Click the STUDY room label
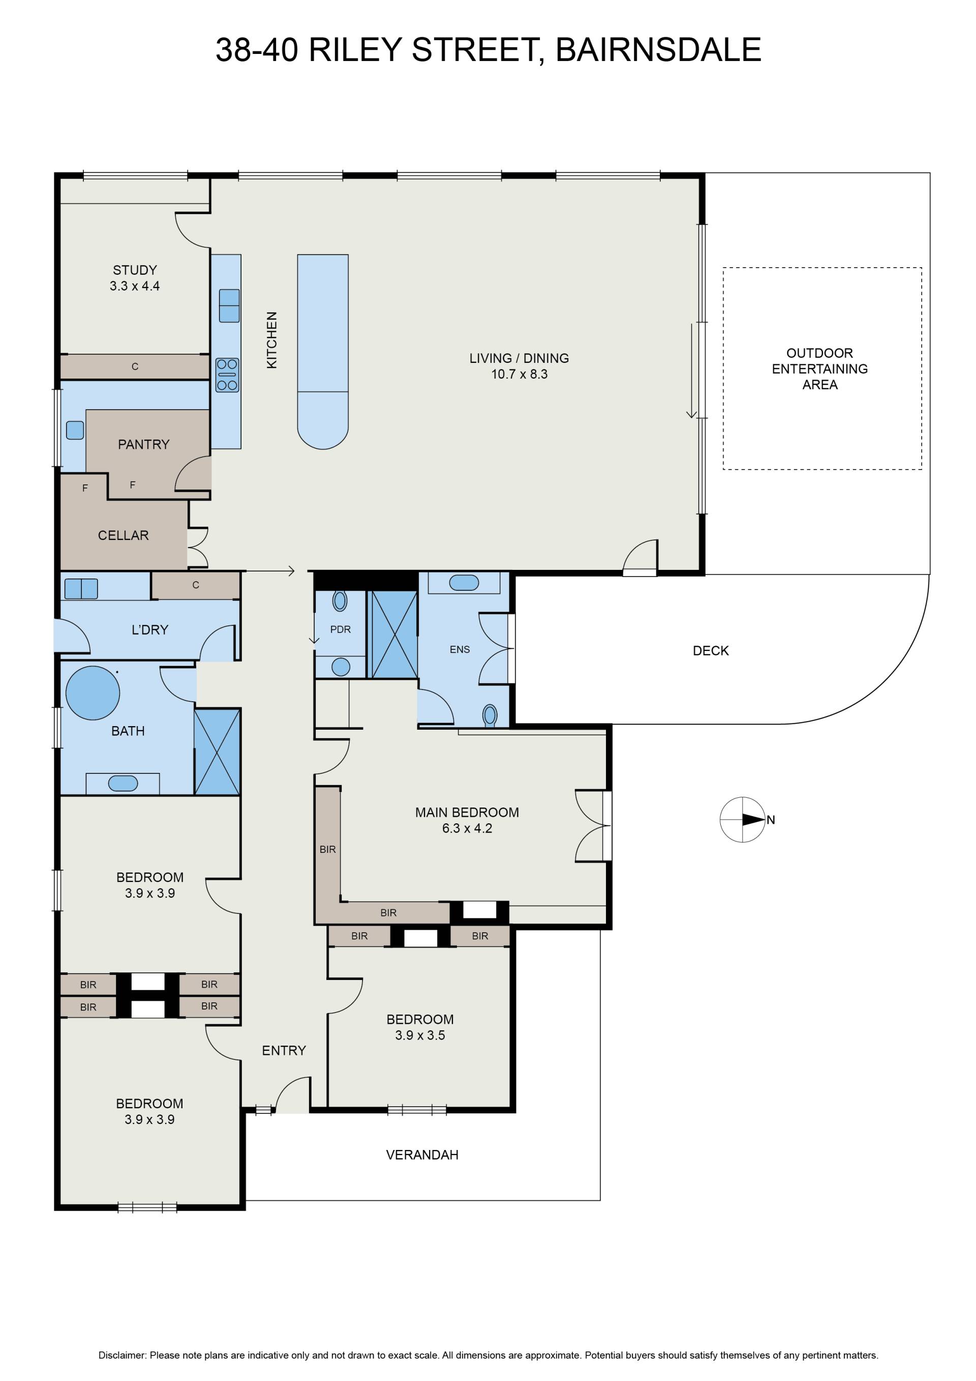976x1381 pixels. click(x=135, y=270)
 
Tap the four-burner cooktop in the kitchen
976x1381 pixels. click(x=227, y=375)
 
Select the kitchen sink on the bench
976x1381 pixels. click(x=229, y=305)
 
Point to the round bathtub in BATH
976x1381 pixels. click(x=93, y=693)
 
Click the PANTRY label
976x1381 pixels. click(x=144, y=445)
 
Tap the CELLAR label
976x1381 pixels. click(x=123, y=535)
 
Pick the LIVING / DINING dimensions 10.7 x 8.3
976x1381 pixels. click(x=519, y=374)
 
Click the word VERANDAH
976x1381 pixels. click(x=422, y=1155)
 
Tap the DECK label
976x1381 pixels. click(x=711, y=651)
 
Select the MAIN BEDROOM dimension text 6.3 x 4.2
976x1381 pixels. click(x=467, y=828)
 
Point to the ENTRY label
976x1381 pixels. click(x=284, y=1050)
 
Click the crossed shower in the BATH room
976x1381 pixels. click(x=218, y=752)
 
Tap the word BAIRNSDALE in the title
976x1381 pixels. click(x=658, y=49)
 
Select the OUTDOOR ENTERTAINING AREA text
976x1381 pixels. click(x=820, y=369)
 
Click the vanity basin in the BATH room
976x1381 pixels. click(x=123, y=783)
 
